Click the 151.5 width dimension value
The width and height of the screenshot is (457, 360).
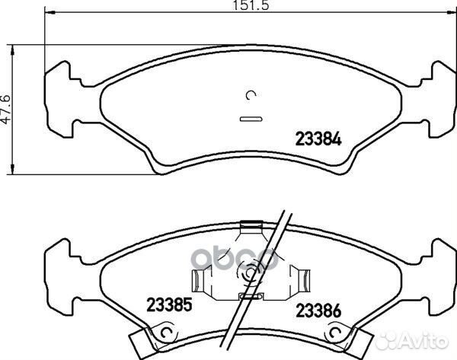click(x=251, y=5)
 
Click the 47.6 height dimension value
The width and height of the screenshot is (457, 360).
click(x=6, y=110)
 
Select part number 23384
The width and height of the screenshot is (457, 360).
click(x=318, y=139)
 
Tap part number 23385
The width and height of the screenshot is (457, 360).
click(x=169, y=304)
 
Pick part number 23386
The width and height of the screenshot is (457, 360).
click(x=318, y=311)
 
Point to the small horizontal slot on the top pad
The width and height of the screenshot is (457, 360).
click(x=251, y=119)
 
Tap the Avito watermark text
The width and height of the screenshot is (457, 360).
click(x=424, y=341)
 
